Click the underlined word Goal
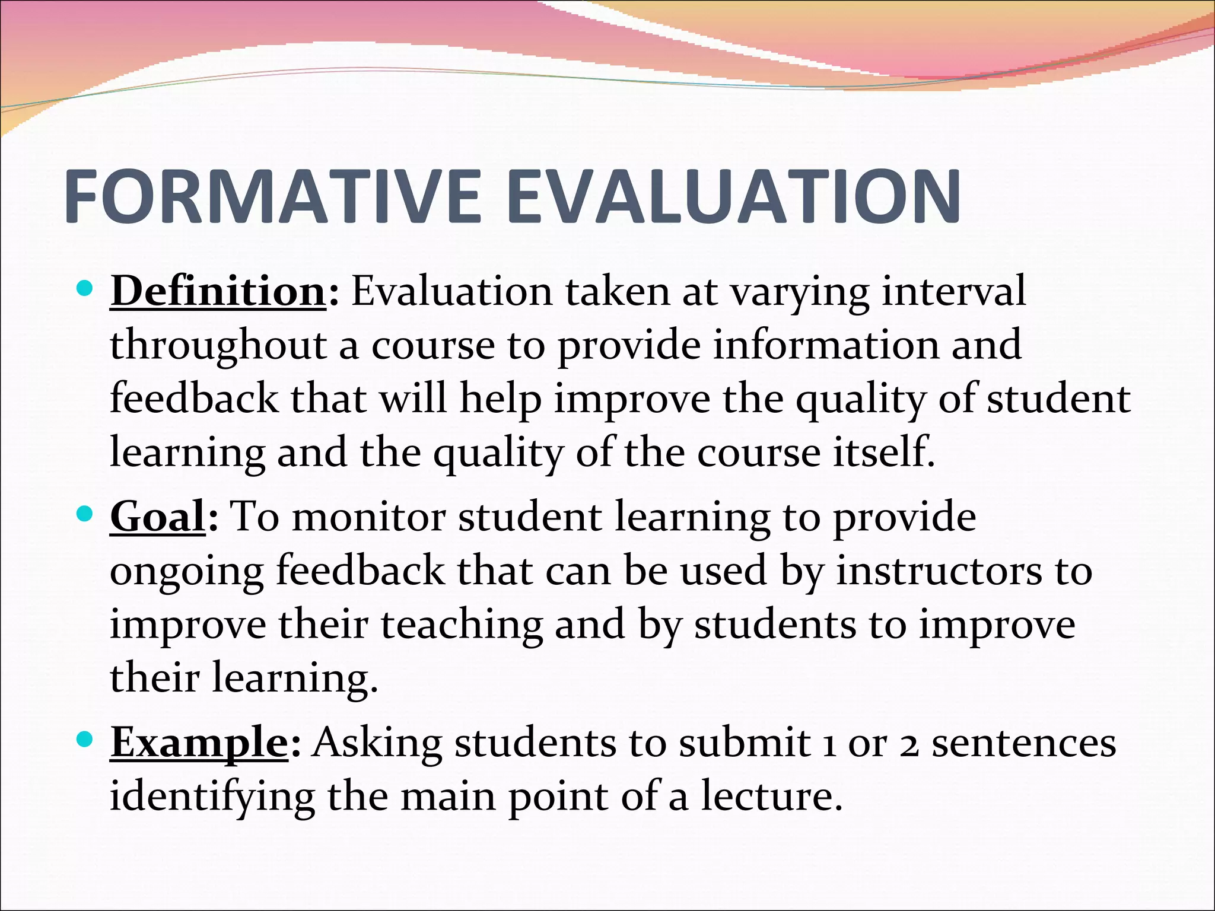tap(158, 517)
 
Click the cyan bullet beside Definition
tap(85, 290)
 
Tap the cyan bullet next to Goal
tap(85, 514)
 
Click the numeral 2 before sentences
tap(909, 744)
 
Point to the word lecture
tap(771, 796)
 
